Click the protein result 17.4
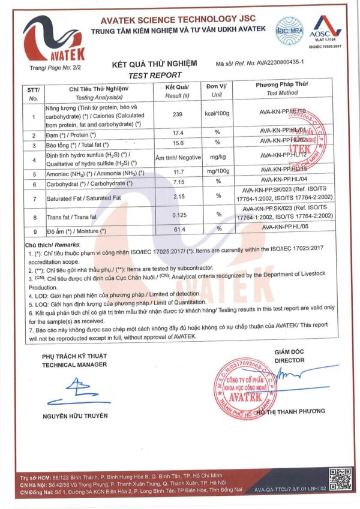177,132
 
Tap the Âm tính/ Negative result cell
177,158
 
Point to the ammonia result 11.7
177,173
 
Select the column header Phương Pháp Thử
281,85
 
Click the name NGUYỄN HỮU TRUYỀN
75,415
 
